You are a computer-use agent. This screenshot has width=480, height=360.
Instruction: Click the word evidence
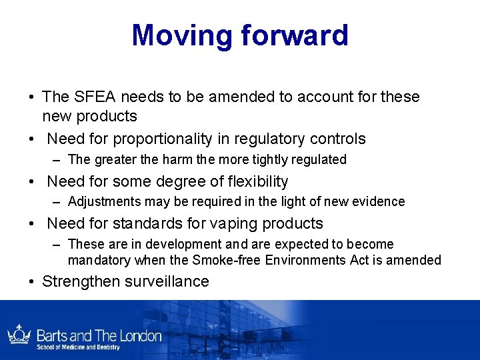377,201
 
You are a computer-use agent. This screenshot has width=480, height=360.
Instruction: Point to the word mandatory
99,260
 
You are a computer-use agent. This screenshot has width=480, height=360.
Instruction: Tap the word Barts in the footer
53,335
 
